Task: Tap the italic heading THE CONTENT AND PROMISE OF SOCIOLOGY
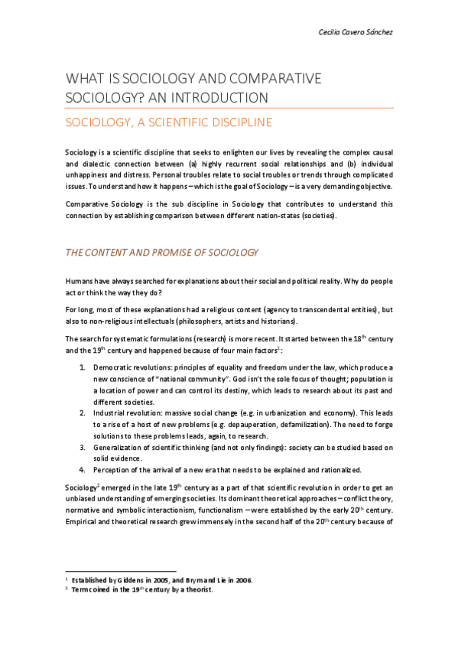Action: click(x=161, y=252)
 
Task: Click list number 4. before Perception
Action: click(x=83, y=468)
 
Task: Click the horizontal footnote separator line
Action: click(x=121, y=570)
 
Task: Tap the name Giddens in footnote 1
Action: click(x=130, y=580)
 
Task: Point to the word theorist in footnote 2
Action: click(x=197, y=590)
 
